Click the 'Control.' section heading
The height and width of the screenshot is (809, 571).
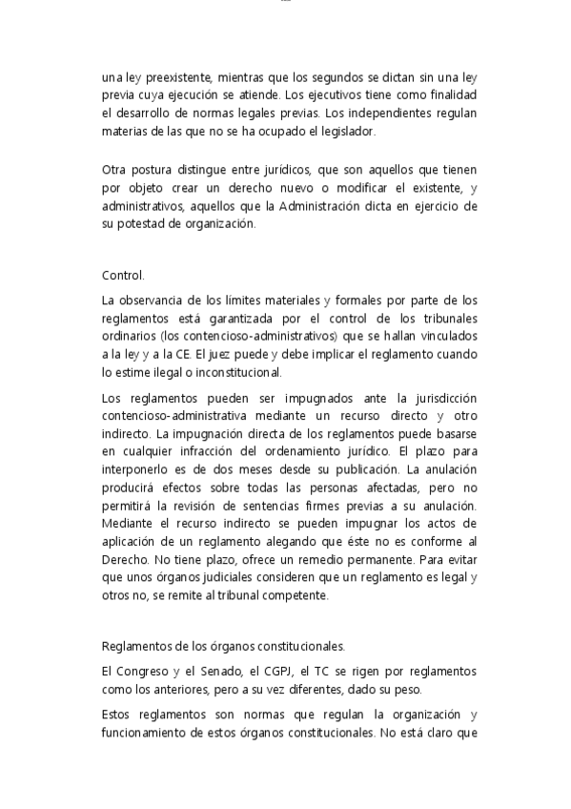(x=123, y=276)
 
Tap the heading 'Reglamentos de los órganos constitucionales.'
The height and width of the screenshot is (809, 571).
(x=224, y=644)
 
